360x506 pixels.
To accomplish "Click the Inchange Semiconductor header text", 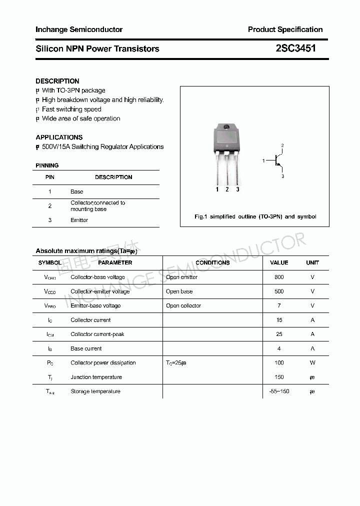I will (x=79, y=29).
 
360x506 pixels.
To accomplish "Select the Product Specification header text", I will (x=285, y=29).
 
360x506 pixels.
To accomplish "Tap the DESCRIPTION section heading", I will (x=57, y=81).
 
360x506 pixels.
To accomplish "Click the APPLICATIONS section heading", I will (x=59, y=137).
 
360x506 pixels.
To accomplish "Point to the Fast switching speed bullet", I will (x=71, y=109).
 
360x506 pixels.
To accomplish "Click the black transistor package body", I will (x=227, y=140).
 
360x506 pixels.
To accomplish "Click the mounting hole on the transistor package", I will (x=226, y=126).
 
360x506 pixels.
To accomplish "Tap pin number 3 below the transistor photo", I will (x=237, y=189).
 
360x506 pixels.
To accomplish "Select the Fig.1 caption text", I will (x=255, y=216).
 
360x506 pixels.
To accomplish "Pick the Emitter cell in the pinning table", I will (x=79, y=220).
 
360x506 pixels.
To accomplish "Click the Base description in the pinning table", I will (x=77, y=191).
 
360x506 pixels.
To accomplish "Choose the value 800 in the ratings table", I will (x=279, y=277).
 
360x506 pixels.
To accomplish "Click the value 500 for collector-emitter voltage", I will (x=279, y=291).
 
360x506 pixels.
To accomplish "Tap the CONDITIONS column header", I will (x=212, y=262).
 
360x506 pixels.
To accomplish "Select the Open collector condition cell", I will (x=183, y=305).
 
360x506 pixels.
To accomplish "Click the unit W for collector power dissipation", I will (x=312, y=363).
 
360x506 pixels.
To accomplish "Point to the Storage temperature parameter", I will (x=95, y=391).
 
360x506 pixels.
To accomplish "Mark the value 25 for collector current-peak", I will (x=279, y=334).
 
